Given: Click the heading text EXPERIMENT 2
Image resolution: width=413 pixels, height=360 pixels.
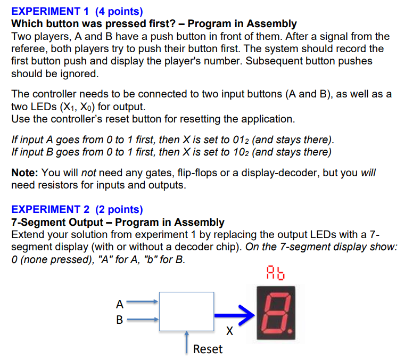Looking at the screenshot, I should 46,209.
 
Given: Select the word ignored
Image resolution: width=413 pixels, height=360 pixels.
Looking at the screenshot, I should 79,73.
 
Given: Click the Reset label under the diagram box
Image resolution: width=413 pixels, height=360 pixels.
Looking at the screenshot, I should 208,349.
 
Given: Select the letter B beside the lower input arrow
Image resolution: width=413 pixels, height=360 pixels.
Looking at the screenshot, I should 120,320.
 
